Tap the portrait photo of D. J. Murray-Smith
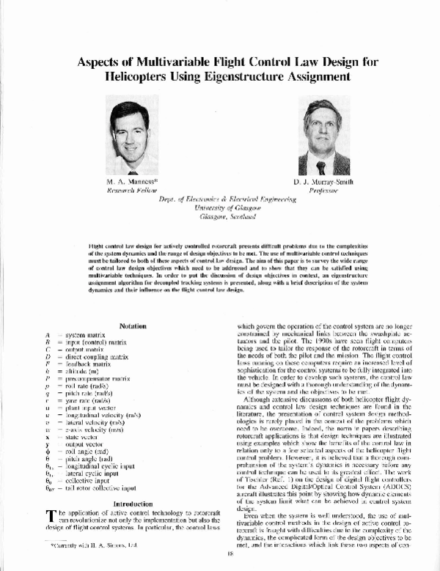[x=323, y=137]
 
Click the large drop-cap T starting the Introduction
[x=49, y=498]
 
